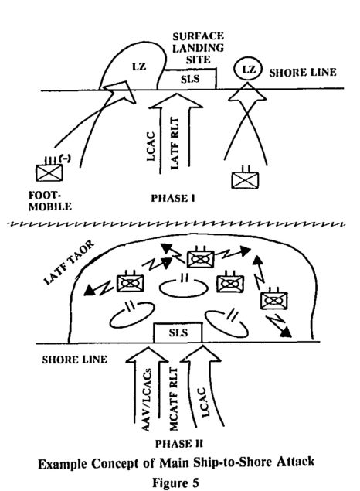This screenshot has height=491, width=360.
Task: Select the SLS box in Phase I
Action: pos(187,78)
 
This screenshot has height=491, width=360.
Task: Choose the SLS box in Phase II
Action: pos(178,333)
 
